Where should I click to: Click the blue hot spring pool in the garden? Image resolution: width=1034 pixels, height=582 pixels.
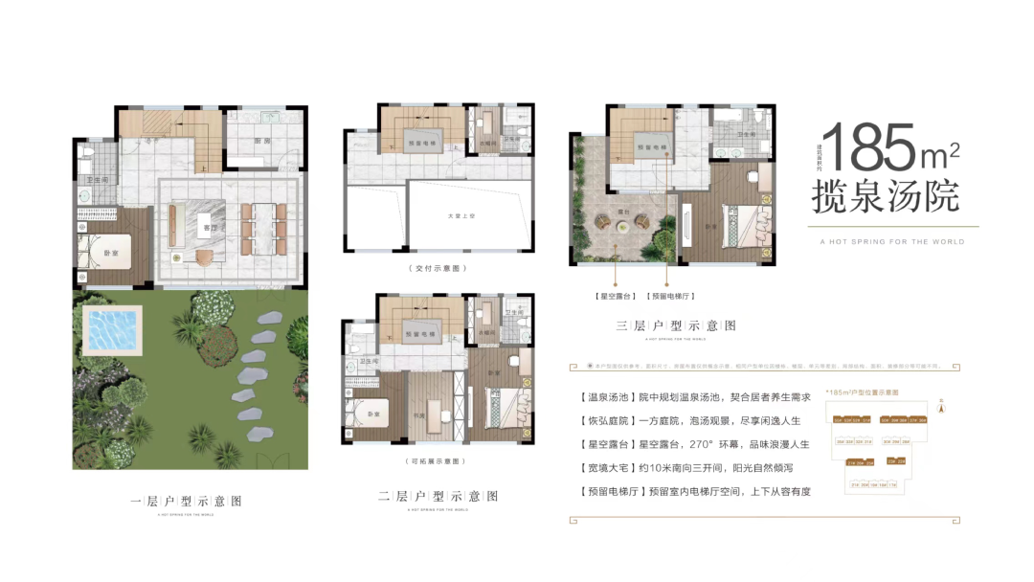[x=114, y=328]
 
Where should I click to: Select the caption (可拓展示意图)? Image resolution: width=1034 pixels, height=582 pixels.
[x=434, y=460]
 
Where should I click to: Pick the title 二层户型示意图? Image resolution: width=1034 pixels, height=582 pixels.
[x=438, y=497]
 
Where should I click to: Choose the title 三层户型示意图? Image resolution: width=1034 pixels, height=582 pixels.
[x=676, y=326]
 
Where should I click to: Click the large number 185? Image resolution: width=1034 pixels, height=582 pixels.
[x=871, y=148]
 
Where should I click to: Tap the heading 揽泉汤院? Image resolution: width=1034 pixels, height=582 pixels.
[x=885, y=198]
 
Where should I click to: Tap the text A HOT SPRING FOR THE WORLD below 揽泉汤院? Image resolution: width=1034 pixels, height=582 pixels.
[x=892, y=241]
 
